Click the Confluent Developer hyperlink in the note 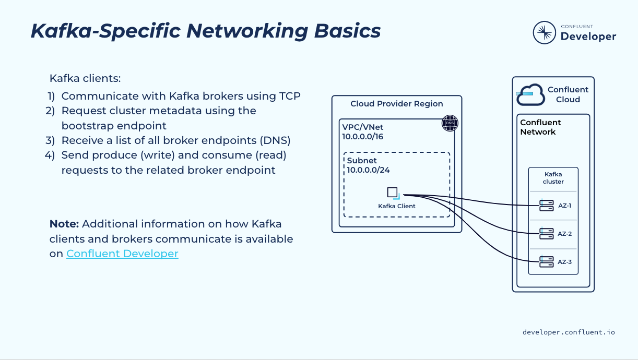(x=122, y=254)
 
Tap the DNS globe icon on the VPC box (x=450, y=123)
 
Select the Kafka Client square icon (x=393, y=192)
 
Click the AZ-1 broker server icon (x=546, y=206)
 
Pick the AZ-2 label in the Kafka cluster (x=564, y=234)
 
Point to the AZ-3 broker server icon (x=546, y=262)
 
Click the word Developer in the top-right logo (x=588, y=37)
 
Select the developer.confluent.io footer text (x=569, y=332)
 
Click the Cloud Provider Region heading (x=397, y=104)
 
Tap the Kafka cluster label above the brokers (x=553, y=178)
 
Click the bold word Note (x=64, y=224)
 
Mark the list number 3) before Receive (x=50, y=140)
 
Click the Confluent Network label (x=540, y=127)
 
